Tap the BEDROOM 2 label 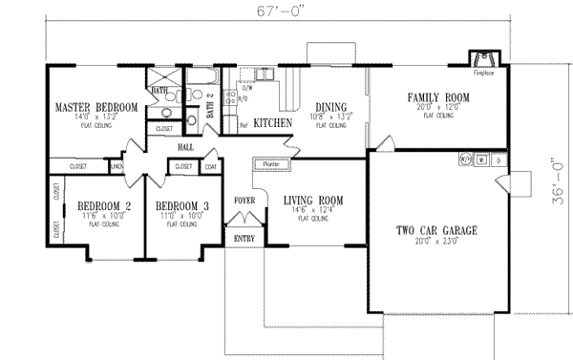pyautogui.click(x=104, y=206)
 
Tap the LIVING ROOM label pyautogui.click(x=312, y=201)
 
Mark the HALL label pyautogui.click(x=186, y=147)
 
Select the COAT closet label pyautogui.click(x=210, y=166)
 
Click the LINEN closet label pyautogui.click(x=117, y=166)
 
